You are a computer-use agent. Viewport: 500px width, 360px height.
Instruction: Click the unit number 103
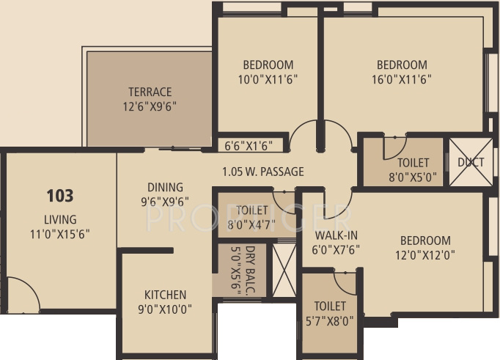(60, 196)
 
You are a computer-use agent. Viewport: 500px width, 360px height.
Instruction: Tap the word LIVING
(60, 219)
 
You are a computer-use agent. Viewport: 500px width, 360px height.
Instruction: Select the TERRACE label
(150, 92)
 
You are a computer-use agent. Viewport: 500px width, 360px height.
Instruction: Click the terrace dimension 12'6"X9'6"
(150, 106)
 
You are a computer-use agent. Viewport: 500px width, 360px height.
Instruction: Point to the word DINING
(165, 187)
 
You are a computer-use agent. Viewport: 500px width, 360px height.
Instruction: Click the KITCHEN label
(164, 295)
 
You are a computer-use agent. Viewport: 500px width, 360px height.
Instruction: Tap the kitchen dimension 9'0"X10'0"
(164, 309)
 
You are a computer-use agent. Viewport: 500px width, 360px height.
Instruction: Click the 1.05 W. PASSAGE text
(262, 172)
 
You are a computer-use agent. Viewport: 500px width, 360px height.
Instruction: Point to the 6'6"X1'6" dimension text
(247, 145)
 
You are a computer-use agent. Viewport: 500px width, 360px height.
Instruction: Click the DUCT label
(470, 162)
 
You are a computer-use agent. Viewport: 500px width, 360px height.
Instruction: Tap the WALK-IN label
(336, 235)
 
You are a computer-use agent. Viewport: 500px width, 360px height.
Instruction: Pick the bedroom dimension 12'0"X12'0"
(424, 255)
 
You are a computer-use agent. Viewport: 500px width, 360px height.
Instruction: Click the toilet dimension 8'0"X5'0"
(413, 176)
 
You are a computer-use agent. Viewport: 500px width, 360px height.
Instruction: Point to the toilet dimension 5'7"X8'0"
(330, 320)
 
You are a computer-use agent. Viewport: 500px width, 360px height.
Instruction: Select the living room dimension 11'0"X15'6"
(60, 234)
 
